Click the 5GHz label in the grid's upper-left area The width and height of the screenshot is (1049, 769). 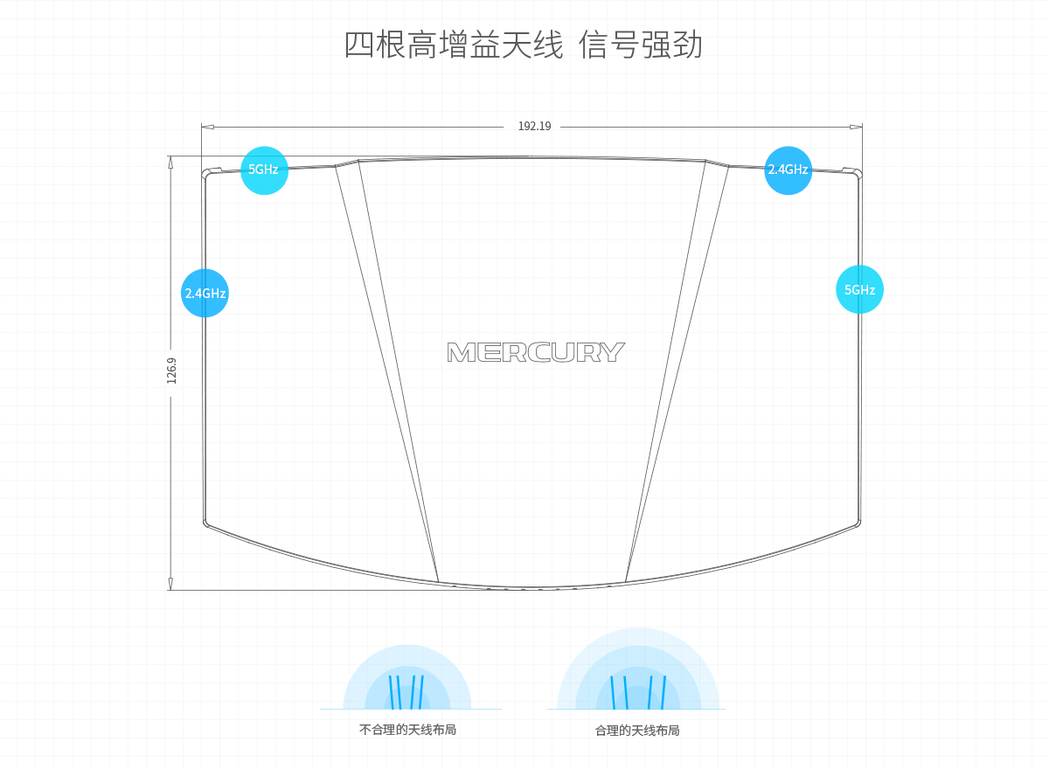tap(264, 170)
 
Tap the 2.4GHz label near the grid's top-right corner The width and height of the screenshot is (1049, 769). tap(788, 170)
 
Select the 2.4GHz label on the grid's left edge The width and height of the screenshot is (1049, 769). tap(205, 293)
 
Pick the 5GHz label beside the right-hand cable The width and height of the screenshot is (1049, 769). tap(859, 289)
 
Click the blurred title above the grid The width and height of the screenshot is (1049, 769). tap(524, 44)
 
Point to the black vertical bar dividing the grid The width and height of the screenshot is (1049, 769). tap(580, 367)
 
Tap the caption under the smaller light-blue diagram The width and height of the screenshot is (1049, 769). tap(407, 730)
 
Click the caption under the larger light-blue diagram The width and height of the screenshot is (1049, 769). tap(636, 730)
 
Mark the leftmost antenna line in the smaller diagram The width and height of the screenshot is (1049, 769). tap(391, 691)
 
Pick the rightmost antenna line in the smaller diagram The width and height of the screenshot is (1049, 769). tap(421, 691)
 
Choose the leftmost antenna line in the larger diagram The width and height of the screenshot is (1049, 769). tap(613, 691)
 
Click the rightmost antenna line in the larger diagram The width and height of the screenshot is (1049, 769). tap(663, 691)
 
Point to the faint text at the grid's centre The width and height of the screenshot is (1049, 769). tap(533, 352)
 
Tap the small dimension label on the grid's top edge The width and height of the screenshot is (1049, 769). tap(534, 128)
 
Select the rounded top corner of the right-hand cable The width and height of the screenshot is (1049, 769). tap(858, 175)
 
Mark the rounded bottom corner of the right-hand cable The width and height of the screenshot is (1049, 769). tap(857, 524)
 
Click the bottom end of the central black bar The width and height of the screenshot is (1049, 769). tap(580, 584)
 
